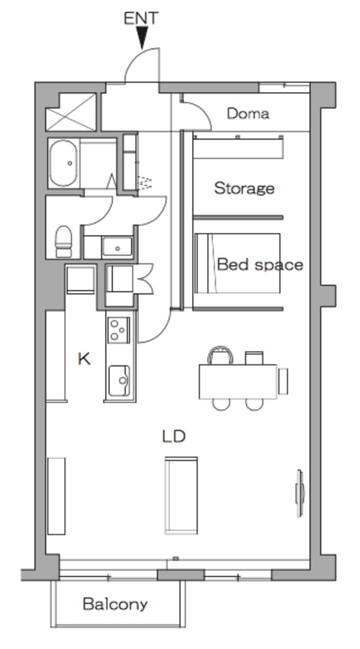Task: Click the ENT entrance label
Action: [141, 18]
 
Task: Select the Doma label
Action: [248, 114]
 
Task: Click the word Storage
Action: [244, 188]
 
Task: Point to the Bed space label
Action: [260, 264]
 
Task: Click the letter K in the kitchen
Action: [84, 359]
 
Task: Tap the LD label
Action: [174, 436]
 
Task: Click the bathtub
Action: [64, 163]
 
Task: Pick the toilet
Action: [64, 241]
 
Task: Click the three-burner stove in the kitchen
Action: [119, 330]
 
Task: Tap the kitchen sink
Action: [119, 381]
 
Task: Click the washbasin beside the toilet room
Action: [117, 247]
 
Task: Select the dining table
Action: [238, 382]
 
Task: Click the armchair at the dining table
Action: [221, 355]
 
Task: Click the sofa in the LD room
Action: [181, 495]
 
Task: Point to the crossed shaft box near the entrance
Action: [71, 112]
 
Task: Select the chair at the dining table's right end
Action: [283, 381]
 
